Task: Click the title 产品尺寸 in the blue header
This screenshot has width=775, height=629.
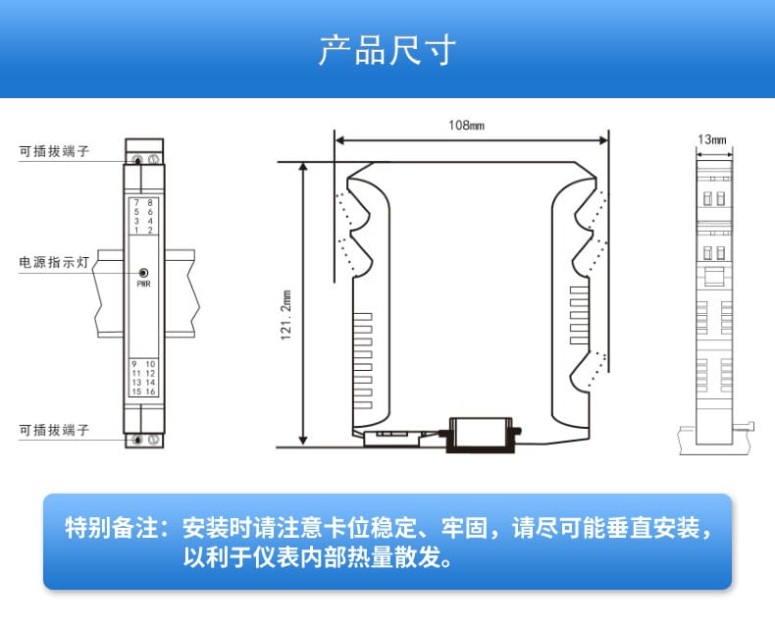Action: coord(387,50)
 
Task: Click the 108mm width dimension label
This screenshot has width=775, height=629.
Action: coord(466,125)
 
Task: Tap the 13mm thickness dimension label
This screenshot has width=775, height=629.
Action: coord(713,140)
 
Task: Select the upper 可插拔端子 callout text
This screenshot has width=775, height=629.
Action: coord(55,151)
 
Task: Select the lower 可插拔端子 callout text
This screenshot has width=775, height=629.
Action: coord(55,430)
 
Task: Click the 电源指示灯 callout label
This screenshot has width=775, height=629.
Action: coord(55,263)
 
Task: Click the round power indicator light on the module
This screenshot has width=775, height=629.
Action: coord(143,274)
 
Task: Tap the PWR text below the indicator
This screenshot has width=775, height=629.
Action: coord(143,285)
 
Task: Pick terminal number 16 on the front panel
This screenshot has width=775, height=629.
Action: coord(150,392)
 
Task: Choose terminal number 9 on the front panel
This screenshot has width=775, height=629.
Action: coord(136,364)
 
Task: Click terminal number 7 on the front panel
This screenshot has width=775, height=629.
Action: coord(136,202)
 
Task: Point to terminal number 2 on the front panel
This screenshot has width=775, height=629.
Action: coord(150,230)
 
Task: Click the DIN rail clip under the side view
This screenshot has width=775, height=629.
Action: coord(482,433)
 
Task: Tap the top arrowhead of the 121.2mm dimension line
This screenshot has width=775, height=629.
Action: coord(303,168)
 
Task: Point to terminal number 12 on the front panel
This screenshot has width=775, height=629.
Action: coord(150,374)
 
